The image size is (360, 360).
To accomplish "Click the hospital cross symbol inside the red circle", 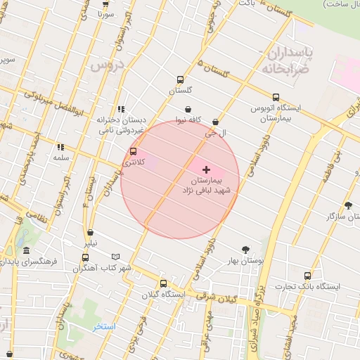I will tap(206, 169).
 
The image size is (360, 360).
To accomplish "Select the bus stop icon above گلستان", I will tap(181, 79).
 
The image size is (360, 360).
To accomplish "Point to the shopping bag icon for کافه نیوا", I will tap(188, 109).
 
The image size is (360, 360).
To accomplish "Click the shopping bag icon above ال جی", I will tap(214, 122).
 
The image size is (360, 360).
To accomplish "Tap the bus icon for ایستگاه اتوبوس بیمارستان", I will tap(276, 98).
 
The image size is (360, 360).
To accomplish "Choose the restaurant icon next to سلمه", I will tap(61, 148).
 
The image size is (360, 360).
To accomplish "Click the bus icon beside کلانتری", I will tap(133, 152).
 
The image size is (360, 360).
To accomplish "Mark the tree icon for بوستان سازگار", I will tap(349, 205).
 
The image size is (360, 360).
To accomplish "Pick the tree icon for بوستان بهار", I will tap(245, 250).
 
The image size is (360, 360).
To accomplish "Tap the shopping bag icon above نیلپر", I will tap(90, 233).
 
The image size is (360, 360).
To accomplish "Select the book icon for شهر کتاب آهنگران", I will tap(116, 257).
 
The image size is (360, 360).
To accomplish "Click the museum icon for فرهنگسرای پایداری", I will tap(27, 251).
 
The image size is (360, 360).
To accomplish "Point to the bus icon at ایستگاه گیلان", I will tap(163, 283).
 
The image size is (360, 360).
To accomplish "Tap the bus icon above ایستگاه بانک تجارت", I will tap(307, 276).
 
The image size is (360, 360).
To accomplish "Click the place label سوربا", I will tap(105, 13).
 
